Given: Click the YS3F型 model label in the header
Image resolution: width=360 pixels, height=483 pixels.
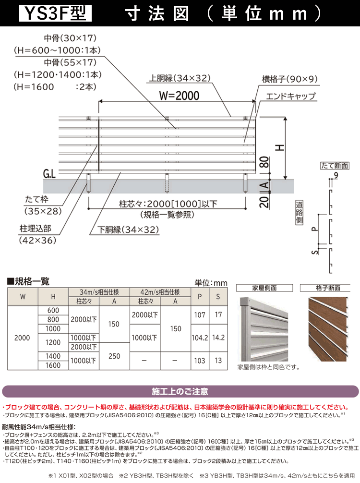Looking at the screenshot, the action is click(55, 13).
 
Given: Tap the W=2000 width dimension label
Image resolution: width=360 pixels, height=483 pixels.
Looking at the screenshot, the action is click(179, 96).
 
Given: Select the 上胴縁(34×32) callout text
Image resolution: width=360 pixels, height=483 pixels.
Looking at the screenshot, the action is click(180, 78).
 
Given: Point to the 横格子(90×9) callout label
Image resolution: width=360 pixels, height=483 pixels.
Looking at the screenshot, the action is click(290, 79).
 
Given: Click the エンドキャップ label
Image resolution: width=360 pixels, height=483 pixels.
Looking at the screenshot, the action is click(291, 96).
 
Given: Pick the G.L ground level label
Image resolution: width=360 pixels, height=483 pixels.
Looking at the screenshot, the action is click(49, 174).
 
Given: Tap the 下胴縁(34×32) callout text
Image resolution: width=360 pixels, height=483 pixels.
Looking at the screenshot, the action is click(128, 230).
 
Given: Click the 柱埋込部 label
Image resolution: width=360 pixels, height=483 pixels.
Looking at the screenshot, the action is click(35, 229).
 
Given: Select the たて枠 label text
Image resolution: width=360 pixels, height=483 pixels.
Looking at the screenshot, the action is click(36, 199).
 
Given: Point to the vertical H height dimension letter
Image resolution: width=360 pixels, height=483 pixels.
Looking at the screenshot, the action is click(279, 148).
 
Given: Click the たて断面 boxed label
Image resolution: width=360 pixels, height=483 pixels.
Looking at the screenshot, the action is click(335, 166).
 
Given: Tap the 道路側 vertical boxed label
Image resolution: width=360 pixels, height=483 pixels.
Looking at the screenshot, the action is click(299, 213).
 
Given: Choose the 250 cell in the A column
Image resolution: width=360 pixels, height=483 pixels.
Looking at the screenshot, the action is click(114, 356).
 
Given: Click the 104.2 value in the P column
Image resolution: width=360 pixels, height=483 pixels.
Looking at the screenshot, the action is click(200, 338).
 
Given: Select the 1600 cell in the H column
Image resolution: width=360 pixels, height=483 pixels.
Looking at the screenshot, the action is click(53, 365).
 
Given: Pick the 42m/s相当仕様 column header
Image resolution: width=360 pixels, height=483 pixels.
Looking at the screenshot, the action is click(160, 292).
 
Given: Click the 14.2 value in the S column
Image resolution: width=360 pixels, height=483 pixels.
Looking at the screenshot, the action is click(218, 338).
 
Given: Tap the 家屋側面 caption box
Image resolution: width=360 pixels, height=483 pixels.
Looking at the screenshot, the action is click(264, 288).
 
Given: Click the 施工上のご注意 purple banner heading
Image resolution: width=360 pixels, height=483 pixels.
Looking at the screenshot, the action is click(180, 391).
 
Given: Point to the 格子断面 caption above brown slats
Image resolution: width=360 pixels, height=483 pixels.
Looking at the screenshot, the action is click(328, 288).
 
